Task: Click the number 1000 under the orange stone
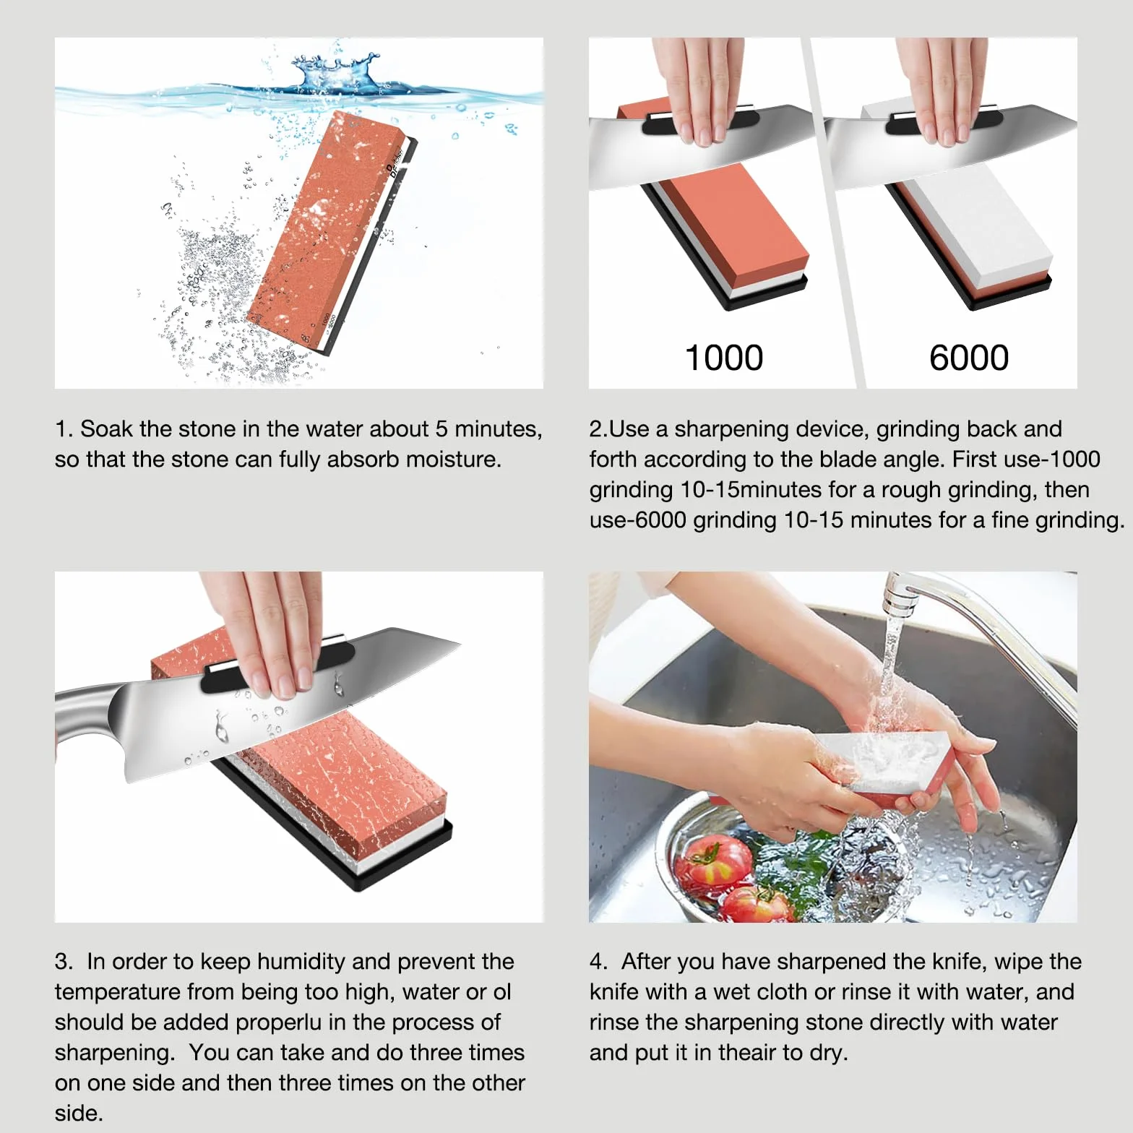[723, 358]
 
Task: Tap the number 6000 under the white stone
[969, 358]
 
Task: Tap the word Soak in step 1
[106, 429]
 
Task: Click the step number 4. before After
[598, 962]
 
